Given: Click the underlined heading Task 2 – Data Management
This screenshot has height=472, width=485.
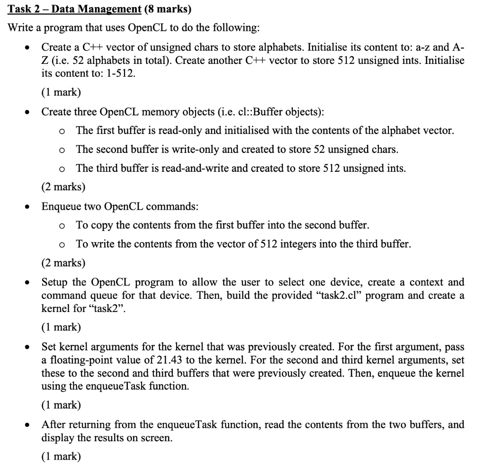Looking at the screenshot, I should coord(75,9).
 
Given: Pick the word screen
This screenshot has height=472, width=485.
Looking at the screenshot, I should coord(157,437).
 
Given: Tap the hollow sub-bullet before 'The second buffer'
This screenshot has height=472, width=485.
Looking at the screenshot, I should coord(62,150).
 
